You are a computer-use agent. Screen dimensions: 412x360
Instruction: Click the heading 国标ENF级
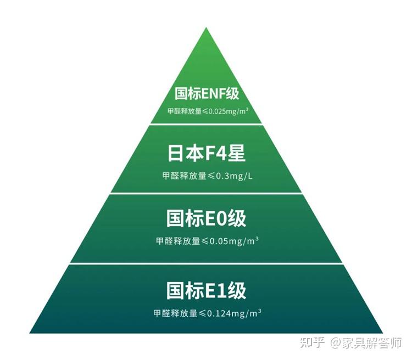[x=207, y=94]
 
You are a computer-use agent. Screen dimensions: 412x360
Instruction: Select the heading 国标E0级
[x=207, y=219]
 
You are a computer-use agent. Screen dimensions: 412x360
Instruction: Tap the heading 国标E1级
[x=207, y=290]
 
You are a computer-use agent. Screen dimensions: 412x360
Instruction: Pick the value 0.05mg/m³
[x=236, y=241]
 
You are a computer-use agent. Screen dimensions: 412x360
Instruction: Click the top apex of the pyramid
[x=206, y=29]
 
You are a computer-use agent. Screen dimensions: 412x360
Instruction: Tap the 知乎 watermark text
[x=312, y=343]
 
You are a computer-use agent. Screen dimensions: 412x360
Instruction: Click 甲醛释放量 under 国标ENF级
[x=184, y=111]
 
